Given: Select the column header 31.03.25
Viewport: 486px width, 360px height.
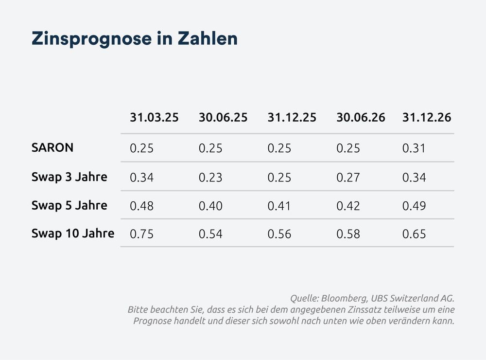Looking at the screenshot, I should (154, 118).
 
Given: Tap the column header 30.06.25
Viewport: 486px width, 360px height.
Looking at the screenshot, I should (223, 118).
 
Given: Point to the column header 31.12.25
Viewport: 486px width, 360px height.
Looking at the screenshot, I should (292, 118).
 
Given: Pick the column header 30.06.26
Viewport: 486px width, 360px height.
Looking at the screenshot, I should (361, 118).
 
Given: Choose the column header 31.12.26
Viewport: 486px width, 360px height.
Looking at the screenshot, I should (427, 118).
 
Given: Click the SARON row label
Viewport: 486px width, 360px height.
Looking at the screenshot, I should (52, 148).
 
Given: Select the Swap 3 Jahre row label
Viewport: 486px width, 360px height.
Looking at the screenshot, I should (69, 177).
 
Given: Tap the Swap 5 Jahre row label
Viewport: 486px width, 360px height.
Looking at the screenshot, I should (69, 205).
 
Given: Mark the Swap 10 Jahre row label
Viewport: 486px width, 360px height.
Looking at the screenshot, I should (72, 234).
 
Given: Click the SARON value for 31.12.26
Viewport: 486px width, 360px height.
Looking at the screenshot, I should (414, 148).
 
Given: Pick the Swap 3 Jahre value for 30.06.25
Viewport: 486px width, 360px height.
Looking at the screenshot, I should (210, 177).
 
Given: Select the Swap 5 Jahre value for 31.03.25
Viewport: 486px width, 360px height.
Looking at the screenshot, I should (142, 206).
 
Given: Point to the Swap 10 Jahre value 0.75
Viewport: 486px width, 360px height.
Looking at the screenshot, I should (142, 234).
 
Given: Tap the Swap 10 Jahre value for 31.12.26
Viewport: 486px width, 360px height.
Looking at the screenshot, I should (414, 234).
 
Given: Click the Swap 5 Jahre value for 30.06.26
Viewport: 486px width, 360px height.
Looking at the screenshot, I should (348, 206).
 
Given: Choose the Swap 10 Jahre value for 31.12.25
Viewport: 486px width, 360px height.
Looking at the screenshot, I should (279, 234).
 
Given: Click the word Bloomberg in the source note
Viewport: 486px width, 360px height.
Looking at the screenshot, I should (343, 298).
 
